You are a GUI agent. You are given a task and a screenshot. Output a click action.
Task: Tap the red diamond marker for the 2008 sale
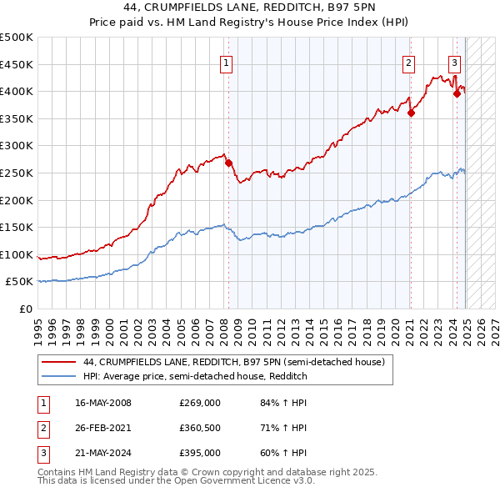click(x=228, y=163)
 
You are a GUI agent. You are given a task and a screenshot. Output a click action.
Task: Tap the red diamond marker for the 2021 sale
click(x=411, y=113)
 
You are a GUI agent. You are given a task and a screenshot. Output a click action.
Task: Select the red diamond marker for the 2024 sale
click(x=457, y=94)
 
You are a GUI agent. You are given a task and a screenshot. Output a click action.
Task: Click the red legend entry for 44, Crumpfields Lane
click(x=233, y=363)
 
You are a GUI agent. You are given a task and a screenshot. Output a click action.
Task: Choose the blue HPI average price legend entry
click(x=195, y=376)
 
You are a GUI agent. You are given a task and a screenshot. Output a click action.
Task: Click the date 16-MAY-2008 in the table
click(x=103, y=403)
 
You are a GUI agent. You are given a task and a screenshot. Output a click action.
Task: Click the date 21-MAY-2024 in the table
click(x=103, y=453)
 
